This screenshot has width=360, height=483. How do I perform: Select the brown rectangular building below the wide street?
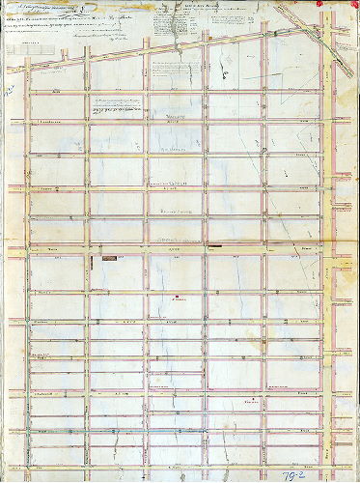(107, 259)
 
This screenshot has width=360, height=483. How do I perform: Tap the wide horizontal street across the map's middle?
(174, 247)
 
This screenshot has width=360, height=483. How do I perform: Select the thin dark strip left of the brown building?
(94, 259)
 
